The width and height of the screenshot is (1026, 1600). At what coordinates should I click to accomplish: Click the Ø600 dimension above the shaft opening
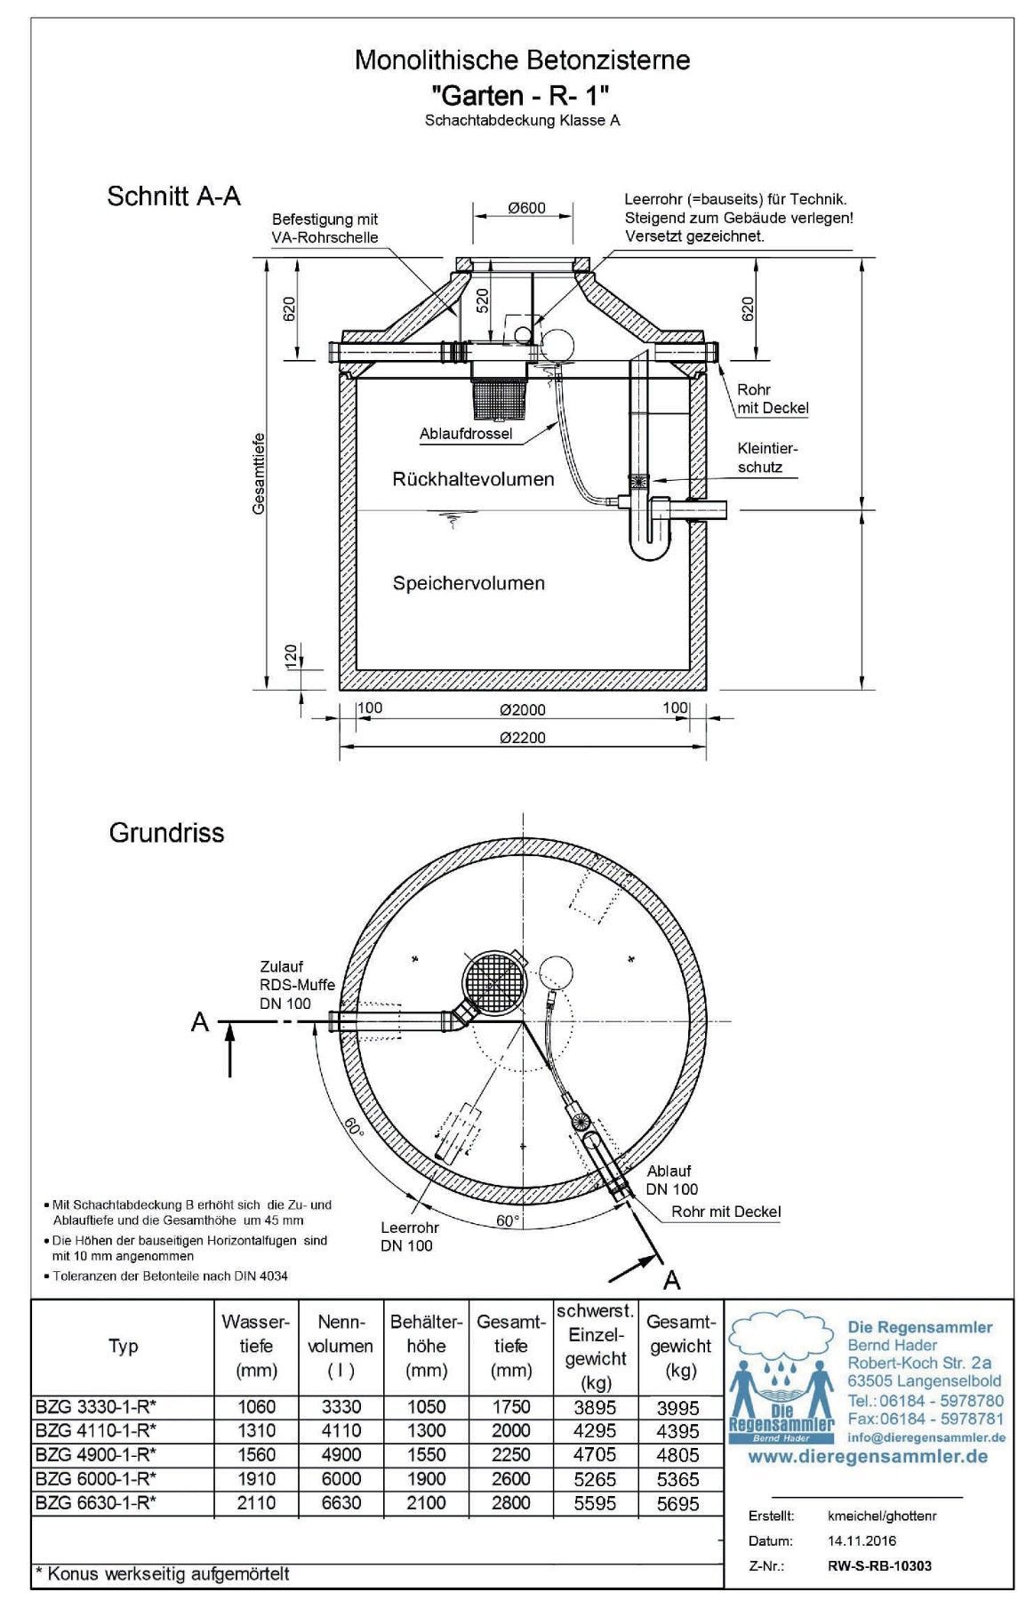[x=526, y=209]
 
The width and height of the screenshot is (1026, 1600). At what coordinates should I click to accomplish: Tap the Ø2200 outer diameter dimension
[x=523, y=737]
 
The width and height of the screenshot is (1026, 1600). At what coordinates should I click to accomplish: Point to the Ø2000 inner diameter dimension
[x=523, y=709]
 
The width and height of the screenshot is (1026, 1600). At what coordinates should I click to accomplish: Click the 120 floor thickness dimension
[x=291, y=656]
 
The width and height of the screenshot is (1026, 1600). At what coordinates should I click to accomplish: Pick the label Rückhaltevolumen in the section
[x=473, y=479]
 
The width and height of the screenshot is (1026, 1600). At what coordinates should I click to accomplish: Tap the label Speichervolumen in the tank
[x=469, y=583]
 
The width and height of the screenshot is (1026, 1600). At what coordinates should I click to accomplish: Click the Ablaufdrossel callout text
[x=466, y=435]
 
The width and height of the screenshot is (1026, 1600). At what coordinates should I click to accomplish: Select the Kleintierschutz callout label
[x=767, y=458]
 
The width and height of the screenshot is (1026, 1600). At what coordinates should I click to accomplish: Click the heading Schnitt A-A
[x=173, y=196]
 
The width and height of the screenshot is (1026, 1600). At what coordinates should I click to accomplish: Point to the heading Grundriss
[x=166, y=833]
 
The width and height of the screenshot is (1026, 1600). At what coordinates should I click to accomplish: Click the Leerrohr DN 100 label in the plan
[x=409, y=1236]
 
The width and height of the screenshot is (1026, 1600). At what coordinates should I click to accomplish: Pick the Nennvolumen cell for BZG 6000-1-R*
[x=340, y=1479]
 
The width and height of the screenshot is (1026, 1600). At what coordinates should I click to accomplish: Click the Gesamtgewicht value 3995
[x=678, y=1407]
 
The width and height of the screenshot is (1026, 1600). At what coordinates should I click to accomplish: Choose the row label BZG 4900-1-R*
[x=96, y=1455]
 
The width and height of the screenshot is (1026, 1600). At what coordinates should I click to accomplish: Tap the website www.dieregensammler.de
[x=867, y=1456]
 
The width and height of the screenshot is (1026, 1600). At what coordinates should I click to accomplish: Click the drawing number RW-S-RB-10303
[x=879, y=1565]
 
